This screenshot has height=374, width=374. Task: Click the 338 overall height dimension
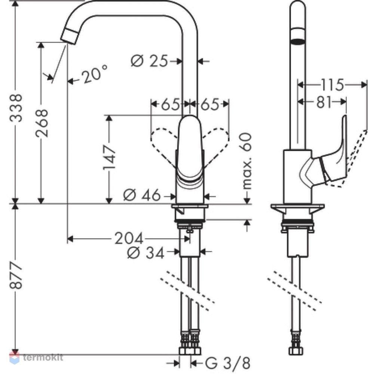tap(16, 108)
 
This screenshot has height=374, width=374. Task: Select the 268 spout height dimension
tap(42, 123)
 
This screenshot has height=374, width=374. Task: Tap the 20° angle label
tap(95, 74)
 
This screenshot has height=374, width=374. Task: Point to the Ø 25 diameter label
tap(150, 61)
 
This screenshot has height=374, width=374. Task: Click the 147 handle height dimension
tap(110, 158)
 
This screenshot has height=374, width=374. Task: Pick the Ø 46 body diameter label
tap(142, 195)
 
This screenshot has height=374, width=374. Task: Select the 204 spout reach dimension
tap(129, 238)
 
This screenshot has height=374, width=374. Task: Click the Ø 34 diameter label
tap(146, 252)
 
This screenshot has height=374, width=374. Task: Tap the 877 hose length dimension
tap(16, 275)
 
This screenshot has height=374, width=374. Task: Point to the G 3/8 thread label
tap(227, 364)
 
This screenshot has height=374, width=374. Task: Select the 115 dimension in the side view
tap(332, 85)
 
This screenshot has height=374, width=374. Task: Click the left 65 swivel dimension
tap(170, 104)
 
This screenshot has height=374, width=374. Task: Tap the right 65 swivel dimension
tap(210, 104)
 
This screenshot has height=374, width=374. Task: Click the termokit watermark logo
tap(36, 358)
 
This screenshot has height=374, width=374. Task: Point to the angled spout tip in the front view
tap(69, 36)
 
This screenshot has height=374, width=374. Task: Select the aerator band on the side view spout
tap(297, 37)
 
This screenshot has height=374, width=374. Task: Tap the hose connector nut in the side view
tap(296, 351)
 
